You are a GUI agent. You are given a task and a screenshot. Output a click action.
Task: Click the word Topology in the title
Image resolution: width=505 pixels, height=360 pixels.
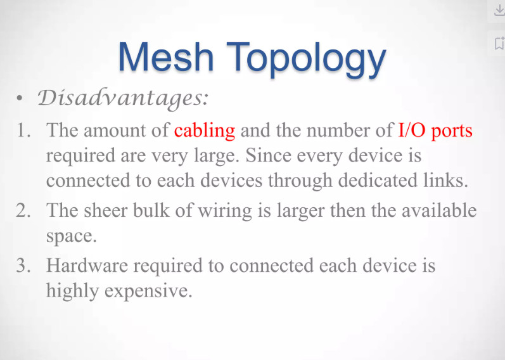pyautogui.click(x=306, y=60)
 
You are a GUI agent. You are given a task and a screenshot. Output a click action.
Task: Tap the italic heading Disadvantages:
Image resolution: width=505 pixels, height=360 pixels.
pyautogui.click(x=123, y=98)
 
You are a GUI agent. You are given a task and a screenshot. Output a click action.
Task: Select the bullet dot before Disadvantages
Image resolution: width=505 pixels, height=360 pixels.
pyautogui.click(x=20, y=98)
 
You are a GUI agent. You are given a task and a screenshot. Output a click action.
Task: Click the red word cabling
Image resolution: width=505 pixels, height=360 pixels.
pyautogui.click(x=205, y=131)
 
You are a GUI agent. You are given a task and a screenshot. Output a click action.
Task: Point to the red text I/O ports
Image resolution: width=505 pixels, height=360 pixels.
pyautogui.click(x=435, y=131)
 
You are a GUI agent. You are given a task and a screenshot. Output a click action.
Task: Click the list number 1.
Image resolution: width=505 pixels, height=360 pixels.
pyautogui.click(x=23, y=131)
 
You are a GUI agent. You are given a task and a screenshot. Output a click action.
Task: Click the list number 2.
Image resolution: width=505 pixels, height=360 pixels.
pyautogui.click(x=23, y=211)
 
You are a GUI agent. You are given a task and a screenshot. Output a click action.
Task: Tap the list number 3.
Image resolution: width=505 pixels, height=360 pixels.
pyautogui.click(x=23, y=266)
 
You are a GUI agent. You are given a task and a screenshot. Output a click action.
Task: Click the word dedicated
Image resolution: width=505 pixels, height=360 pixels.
pyautogui.click(x=378, y=180)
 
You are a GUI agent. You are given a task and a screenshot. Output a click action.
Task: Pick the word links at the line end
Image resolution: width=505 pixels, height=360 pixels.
pyautogui.click(x=443, y=180)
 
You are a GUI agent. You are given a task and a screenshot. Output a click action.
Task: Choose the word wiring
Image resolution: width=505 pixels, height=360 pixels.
pyautogui.click(x=224, y=212)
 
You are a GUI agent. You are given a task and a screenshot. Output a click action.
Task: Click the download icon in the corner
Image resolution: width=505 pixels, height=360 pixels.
pyautogui.click(x=499, y=10)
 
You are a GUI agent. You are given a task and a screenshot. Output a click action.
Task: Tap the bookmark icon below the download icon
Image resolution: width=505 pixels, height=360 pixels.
pyautogui.click(x=499, y=44)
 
